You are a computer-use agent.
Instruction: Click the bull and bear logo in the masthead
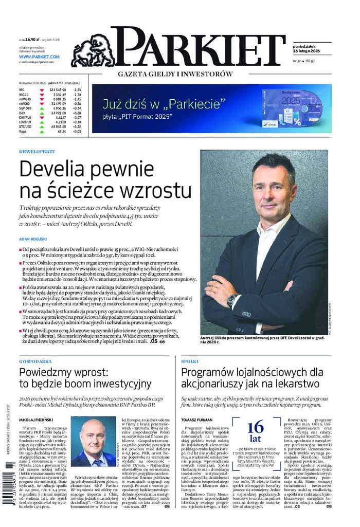click(x=92, y=50)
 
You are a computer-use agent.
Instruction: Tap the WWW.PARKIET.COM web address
click(x=40, y=57)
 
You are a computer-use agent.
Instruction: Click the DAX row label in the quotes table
click(x=22, y=113)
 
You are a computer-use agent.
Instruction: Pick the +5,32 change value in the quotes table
click(x=77, y=126)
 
